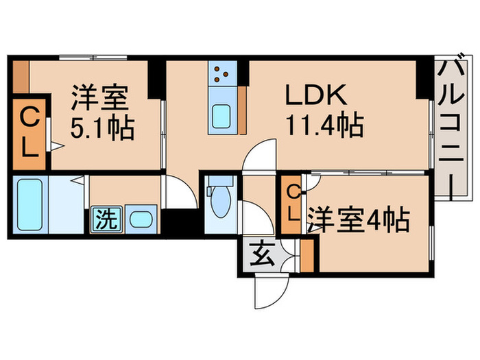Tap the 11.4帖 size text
click(324, 125)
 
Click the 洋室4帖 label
click(358, 221)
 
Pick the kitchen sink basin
click(222, 116)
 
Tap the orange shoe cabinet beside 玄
click(307, 256)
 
